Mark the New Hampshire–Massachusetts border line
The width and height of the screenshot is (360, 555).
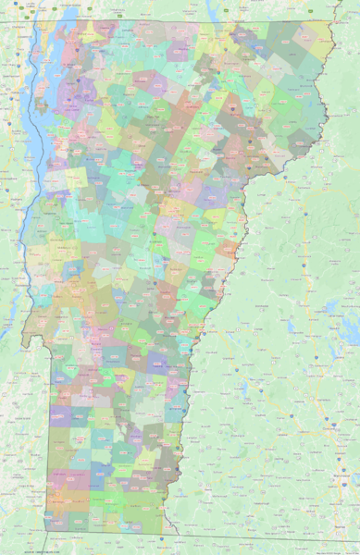click(x=278, y=539)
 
